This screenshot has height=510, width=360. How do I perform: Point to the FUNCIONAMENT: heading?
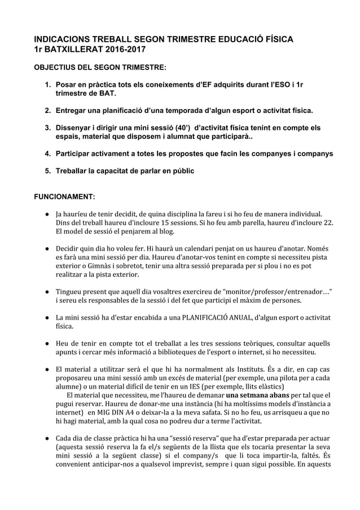(65, 197)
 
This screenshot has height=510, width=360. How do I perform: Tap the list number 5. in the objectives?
(49, 171)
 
